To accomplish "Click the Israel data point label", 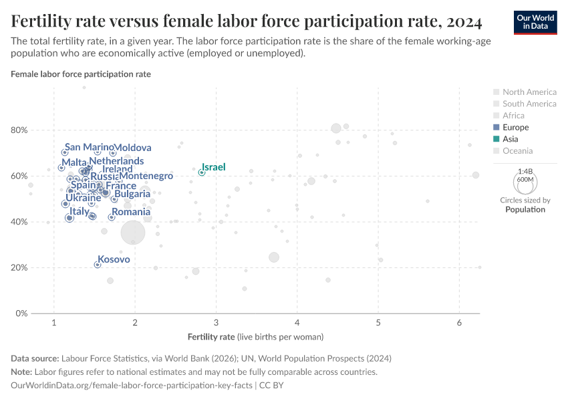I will point(214,167).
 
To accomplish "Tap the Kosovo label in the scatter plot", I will point(114,259).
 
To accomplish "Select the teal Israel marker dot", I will point(201,172).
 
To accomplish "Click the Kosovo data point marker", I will point(98,265).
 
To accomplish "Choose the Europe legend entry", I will point(515,127).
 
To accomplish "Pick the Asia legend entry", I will point(510,139).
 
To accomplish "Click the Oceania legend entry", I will point(518,151).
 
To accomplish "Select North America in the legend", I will point(529,92).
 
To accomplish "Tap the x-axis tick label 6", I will point(459,323).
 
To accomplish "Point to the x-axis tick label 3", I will point(216,323).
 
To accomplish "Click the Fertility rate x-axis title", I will point(256,336).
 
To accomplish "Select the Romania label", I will point(131,212).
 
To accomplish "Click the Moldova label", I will point(132,148).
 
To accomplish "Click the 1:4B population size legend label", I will point(525,172).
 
